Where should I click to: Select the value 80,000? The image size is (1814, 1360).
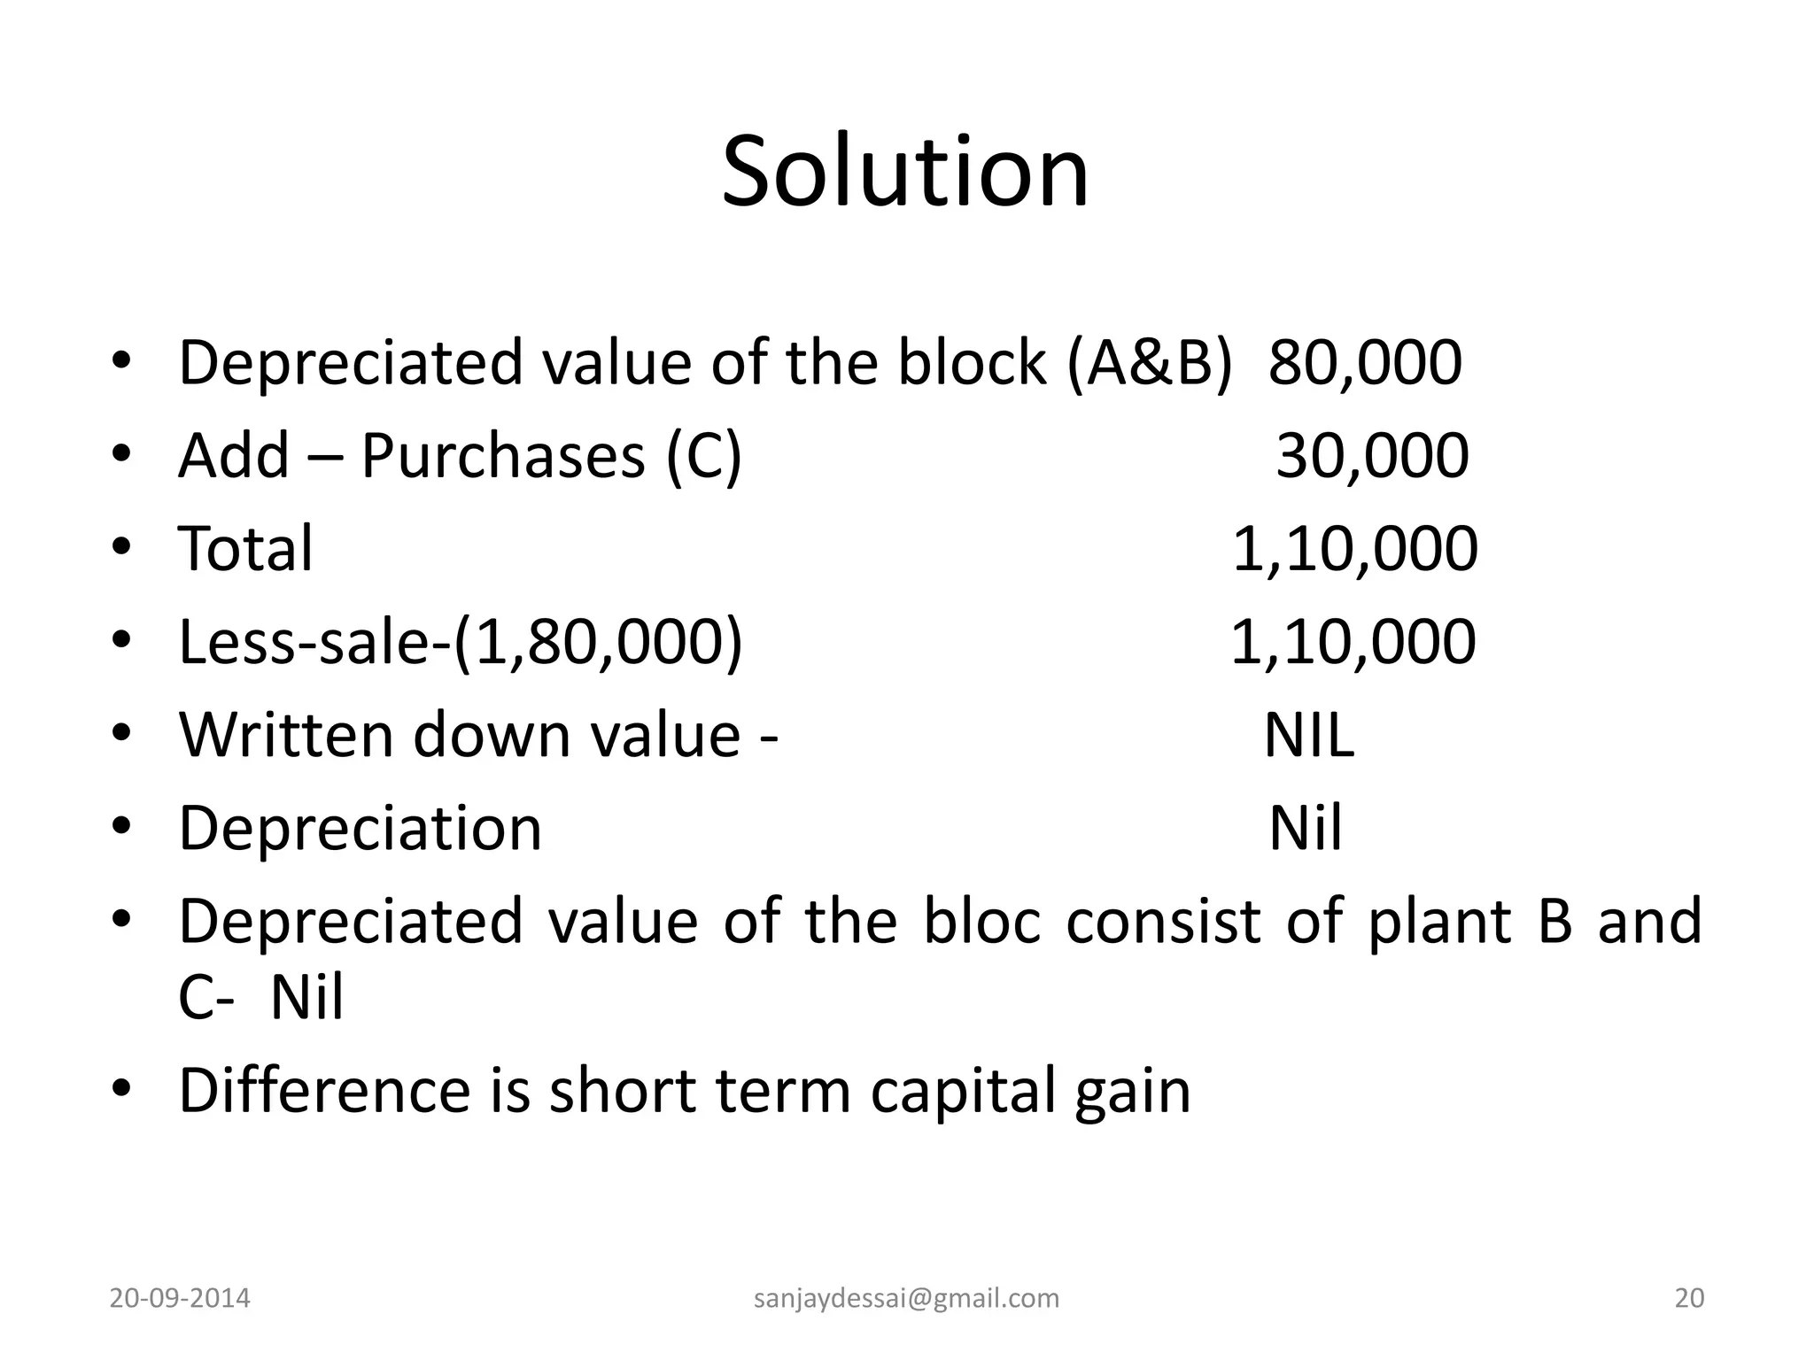pos(1365,363)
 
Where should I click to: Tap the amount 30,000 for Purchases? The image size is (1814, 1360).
pos(1372,457)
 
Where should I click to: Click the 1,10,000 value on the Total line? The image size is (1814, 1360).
pos(1354,549)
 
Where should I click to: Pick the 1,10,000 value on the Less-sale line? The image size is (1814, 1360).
pos(1353,642)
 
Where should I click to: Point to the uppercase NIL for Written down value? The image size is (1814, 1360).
pos(1308,735)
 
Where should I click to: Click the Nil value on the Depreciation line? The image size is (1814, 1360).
pos(1305,829)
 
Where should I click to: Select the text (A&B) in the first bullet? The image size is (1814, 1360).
pos(1149,363)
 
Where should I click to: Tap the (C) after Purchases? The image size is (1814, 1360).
pos(704,457)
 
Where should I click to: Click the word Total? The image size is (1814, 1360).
pos(245,549)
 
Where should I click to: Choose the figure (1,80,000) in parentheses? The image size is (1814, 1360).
pos(599,642)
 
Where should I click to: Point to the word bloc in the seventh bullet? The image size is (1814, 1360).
pos(981,922)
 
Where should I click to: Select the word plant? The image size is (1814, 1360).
pos(1439,922)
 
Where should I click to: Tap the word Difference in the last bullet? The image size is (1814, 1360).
pos(324,1091)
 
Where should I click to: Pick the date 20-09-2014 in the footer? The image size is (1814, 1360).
pos(180,1298)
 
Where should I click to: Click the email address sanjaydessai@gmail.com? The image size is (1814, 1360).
pos(906,1298)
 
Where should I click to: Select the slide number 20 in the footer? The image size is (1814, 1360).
pos(1689,1298)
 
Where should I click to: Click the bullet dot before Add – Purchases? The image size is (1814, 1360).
pos(122,455)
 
